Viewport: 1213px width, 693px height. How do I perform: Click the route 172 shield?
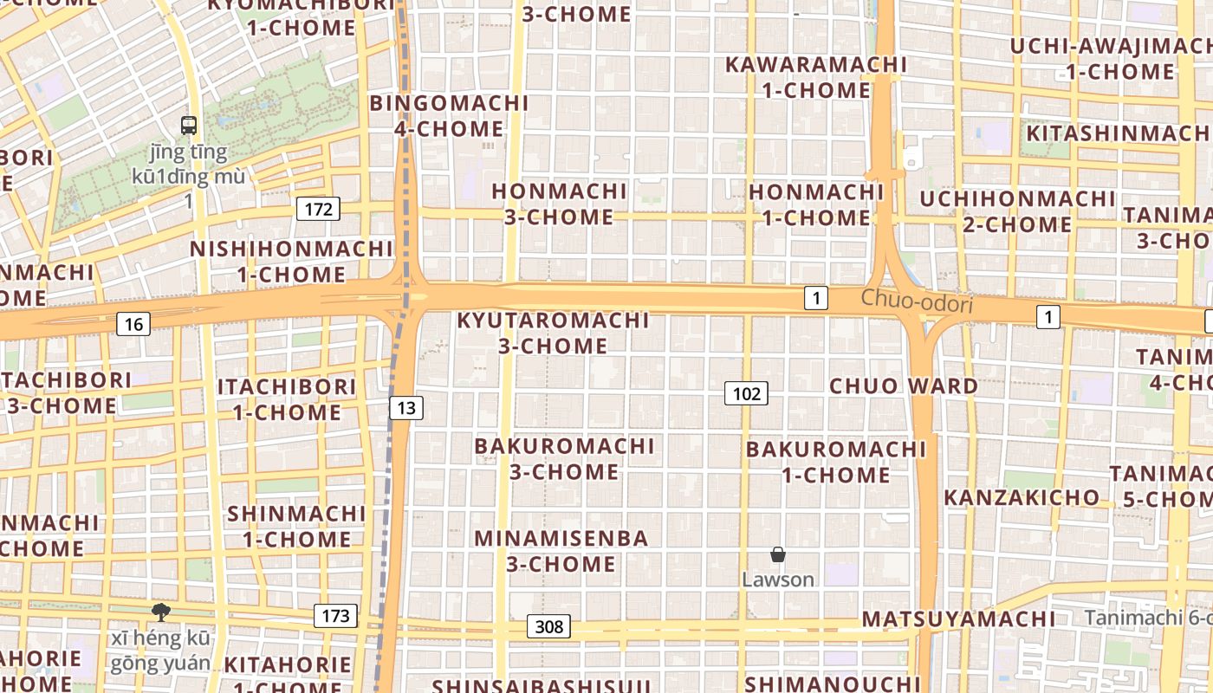[x=318, y=209]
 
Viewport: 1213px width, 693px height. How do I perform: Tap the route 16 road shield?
[x=133, y=324]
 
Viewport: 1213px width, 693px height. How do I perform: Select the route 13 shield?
[x=405, y=407]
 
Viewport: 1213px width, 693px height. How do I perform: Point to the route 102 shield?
[x=746, y=394]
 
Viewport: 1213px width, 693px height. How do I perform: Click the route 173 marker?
[x=335, y=616]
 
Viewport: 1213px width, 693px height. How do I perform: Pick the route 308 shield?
[x=548, y=626]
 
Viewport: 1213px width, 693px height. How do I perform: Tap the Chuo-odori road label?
[x=918, y=302]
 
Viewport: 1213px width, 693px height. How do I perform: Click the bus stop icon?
[x=189, y=126]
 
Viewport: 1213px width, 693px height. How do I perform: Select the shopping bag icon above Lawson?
[x=778, y=554]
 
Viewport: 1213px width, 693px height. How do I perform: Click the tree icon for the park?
[x=160, y=612]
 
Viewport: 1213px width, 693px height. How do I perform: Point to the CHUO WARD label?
[x=904, y=385]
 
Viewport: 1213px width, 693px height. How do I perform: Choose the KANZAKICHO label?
[x=1021, y=497]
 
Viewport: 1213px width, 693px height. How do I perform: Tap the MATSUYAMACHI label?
[x=959, y=619]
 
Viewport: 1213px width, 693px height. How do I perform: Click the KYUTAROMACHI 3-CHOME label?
[x=553, y=333]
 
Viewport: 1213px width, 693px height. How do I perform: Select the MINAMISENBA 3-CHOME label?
[x=561, y=551]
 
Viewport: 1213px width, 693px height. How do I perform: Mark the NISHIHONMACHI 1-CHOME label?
[x=291, y=262]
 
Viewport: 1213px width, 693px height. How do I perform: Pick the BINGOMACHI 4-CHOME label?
[x=449, y=116]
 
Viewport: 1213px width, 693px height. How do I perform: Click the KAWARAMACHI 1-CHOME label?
[x=815, y=77]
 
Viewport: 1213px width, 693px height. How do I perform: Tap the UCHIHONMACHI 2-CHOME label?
[x=1017, y=211]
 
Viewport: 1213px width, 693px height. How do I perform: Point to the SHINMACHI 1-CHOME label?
[x=296, y=526]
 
